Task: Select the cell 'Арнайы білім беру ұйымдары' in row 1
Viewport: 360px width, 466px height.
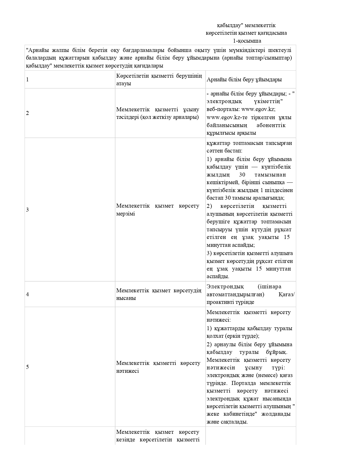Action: coord(244,79)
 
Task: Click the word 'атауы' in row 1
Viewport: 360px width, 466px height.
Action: coord(123,84)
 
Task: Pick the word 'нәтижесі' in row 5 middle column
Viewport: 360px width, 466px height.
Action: coord(127,371)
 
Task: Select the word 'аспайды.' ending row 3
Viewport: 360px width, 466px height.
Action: coord(218,277)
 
